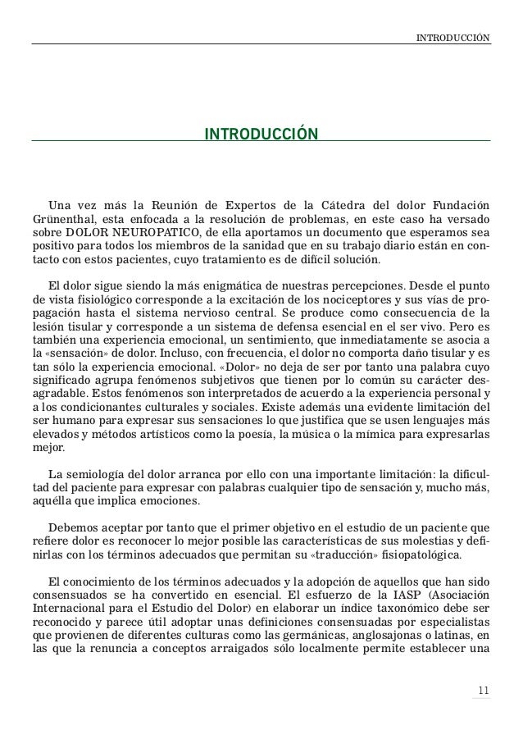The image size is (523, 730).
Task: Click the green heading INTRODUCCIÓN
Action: click(x=261, y=133)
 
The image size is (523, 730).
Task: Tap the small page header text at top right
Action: click(x=453, y=37)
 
